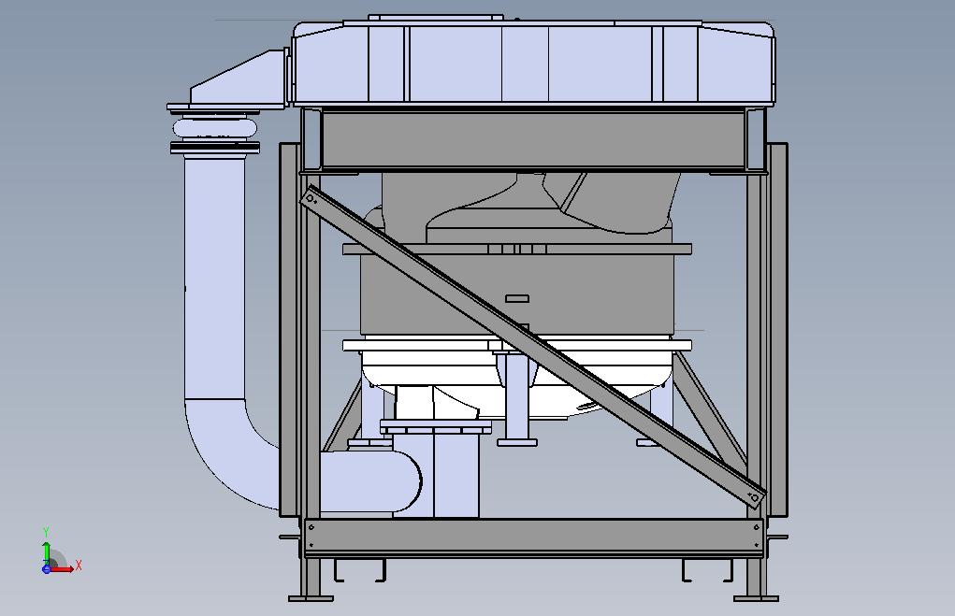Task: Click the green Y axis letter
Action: (x=46, y=533)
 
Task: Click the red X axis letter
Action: (x=79, y=566)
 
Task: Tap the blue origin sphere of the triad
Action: (x=46, y=569)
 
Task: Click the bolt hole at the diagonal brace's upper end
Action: (x=311, y=198)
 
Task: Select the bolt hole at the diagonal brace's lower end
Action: (x=755, y=498)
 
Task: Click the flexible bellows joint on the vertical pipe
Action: (x=214, y=128)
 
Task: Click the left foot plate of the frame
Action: (x=311, y=598)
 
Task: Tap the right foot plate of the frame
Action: (x=756, y=598)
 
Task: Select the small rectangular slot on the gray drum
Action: (x=517, y=298)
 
